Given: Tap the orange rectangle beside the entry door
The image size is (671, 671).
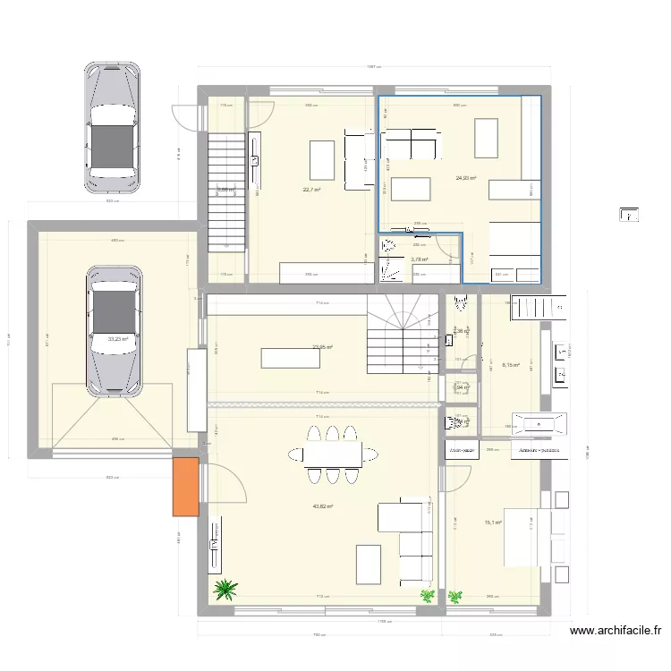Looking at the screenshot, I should tap(185, 486).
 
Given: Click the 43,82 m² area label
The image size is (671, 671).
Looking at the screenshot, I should tap(322, 506).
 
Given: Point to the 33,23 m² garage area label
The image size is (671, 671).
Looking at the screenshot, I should tap(117, 339).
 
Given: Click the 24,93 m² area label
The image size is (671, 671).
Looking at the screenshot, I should tap(465, 178).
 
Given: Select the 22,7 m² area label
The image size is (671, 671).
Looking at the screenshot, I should tap(311, 189).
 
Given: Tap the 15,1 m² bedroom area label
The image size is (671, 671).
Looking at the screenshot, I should tap(493, 523).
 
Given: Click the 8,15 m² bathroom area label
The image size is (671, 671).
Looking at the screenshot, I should tap(511, 364).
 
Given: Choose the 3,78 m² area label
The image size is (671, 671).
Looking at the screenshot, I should tap(419, 260).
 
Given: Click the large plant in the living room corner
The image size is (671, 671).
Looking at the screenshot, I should tap(225, 589).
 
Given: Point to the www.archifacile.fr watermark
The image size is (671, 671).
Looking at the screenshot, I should tap(616, 631).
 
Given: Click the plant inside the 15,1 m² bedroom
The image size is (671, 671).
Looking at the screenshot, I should tap(456, 594).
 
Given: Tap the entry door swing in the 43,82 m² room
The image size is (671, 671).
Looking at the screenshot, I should tap(228, 483).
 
